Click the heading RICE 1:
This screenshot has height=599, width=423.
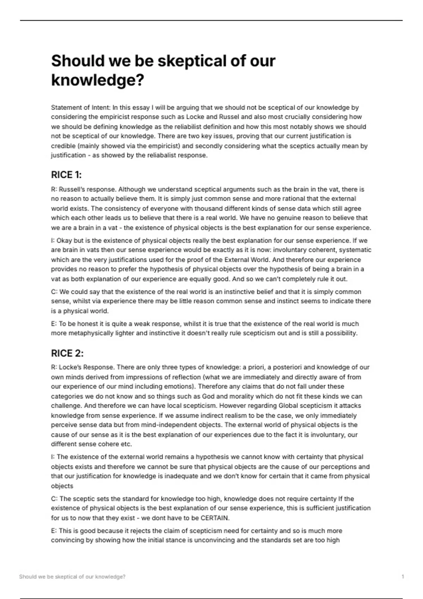pos(66,175)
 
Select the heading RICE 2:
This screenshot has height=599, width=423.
pos(67,353)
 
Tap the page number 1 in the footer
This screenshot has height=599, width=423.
pos(403,577)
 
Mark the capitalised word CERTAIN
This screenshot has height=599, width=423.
pos(214,518)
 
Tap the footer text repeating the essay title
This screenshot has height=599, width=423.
pos(72,577)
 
